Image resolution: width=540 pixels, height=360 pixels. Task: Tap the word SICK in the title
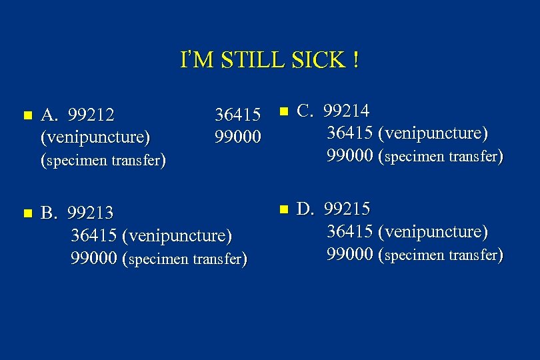click(x=317, y=60)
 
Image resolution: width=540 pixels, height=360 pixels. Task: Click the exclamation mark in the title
click(x=357, y=60)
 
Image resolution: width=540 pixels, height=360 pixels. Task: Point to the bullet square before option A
click(x=27, y=115)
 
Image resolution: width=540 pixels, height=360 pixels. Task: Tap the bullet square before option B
click(x=27, y=213)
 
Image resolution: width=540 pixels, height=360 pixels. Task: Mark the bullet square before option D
click(x=283, y=209)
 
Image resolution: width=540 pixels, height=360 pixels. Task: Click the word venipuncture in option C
click(x=433, y=133)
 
